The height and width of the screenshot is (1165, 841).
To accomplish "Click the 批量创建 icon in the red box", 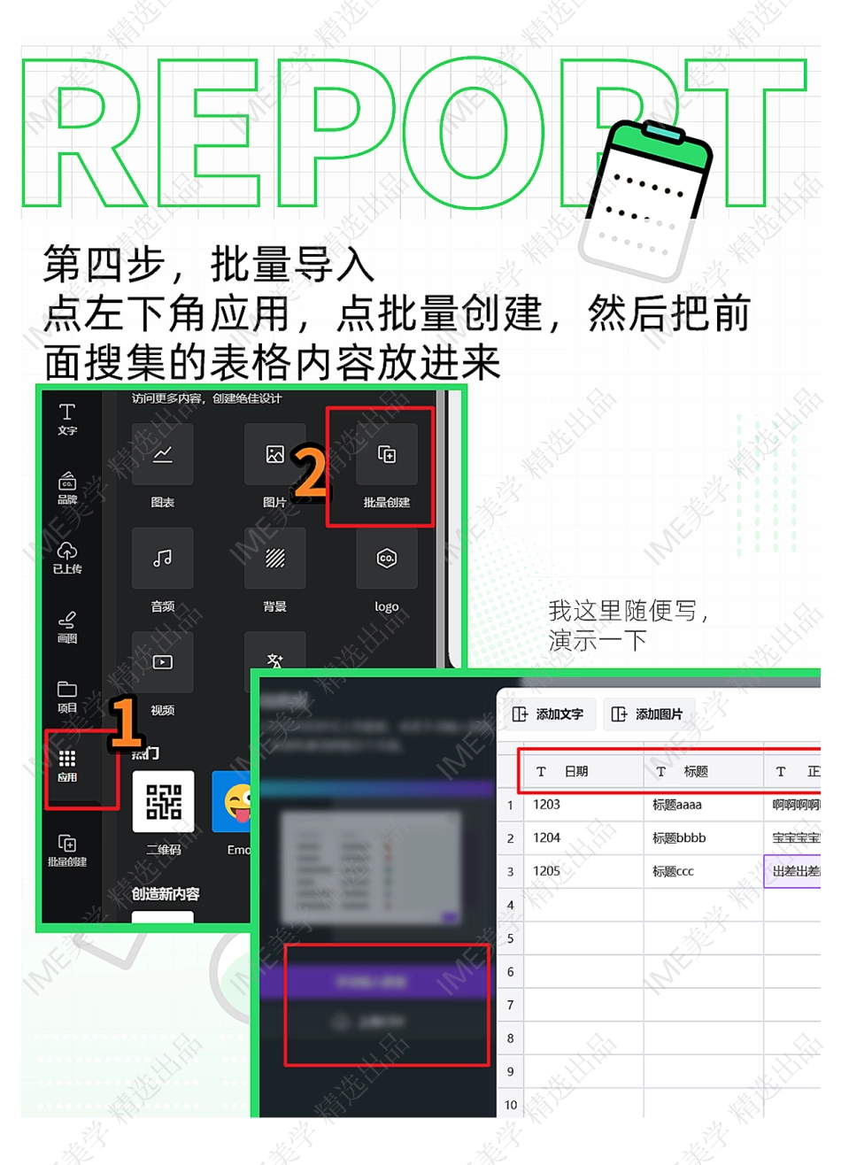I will click(x=387, y=455).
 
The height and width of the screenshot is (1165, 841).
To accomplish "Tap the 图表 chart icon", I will click(x=163, y=455).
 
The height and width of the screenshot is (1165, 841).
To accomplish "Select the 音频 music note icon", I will click(x=163, y=559).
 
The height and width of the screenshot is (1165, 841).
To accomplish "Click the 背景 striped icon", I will click(x=275, y=559).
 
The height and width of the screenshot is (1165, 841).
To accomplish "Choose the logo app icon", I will click(x=387, y=559).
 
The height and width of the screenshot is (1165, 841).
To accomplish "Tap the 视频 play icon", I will click(x=163, y=662).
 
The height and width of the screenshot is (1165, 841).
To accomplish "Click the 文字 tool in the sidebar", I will click(x=67, y=418).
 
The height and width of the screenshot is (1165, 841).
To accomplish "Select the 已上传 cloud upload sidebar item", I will click(x=67, y=558).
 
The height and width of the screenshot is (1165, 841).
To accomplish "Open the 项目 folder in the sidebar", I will click(x=67, y=696).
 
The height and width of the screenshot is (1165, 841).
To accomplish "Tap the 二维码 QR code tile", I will click(x=163, y=802).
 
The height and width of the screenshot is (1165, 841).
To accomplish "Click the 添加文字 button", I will click(x=549, y=714).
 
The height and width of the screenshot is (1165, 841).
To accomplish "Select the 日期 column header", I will click(x=576, y=771).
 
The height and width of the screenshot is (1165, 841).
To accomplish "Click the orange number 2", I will click(x=310, y=472).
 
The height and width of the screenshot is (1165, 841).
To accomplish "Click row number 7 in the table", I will click(x=510, y=1005).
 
